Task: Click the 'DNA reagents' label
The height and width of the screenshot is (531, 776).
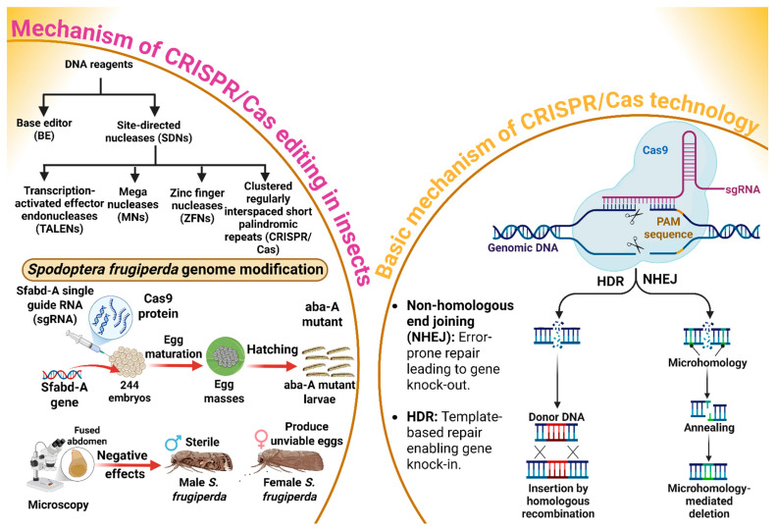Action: [99, 65]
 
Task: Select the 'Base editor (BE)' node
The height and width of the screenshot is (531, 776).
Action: [44, 129]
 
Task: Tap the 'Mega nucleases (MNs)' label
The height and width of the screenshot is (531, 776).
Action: [133, 204]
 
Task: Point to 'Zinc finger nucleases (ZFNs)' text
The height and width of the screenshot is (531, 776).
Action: [197, 205]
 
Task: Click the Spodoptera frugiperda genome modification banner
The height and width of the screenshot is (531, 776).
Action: [176, 270]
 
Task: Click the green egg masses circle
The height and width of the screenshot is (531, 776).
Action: [226, 356]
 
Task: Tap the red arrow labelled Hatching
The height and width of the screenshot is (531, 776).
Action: [273, 366]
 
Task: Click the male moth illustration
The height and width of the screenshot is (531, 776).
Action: [198, 462]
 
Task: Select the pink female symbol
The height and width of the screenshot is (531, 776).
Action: [261, 439]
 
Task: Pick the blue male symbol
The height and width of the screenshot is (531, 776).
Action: [173, 443]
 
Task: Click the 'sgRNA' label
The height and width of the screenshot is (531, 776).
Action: [743, 189]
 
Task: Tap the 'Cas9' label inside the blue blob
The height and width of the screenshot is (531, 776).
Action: [655, 149]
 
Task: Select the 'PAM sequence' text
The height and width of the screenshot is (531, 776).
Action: [668, 228]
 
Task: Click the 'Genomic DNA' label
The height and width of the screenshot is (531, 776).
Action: [523, 247]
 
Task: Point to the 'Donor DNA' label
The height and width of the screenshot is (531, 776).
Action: [556, 417]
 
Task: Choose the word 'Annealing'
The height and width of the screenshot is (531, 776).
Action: [708, 428]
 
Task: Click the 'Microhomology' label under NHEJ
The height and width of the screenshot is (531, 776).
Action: [707, 362]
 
